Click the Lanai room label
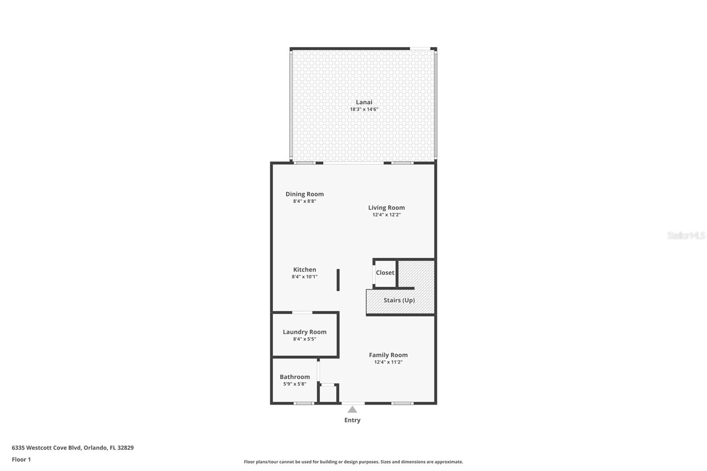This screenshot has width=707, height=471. tap(364, 102)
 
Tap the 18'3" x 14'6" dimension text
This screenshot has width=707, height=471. tap(364, 109)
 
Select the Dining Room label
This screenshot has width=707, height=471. tap(304, 194)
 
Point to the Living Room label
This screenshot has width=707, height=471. tap(386, 208)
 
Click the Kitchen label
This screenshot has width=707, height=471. tap(304, 270)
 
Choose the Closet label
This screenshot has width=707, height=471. tap(385, 273)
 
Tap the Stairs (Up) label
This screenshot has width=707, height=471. tap(399, 300)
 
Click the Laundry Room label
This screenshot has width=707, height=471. tap(304, 332)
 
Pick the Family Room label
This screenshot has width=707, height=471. tap(388, 355)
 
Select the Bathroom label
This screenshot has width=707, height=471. tap(295, 377)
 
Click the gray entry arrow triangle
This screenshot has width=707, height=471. tap(352, 410)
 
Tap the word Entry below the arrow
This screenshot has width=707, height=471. tap(352, 420)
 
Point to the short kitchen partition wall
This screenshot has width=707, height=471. tap(338, 280)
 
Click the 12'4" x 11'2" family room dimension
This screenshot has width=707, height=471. tap(388, 362)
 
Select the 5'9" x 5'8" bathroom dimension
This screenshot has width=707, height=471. tap(295, 384)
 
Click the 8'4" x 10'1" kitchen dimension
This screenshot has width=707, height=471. tap(304, 277)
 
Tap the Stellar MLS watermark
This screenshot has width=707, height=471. tap(686, 235)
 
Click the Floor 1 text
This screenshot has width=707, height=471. tap(22, 460)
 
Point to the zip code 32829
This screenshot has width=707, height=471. tap(125, 448)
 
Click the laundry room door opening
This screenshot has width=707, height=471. tap(302, 312)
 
